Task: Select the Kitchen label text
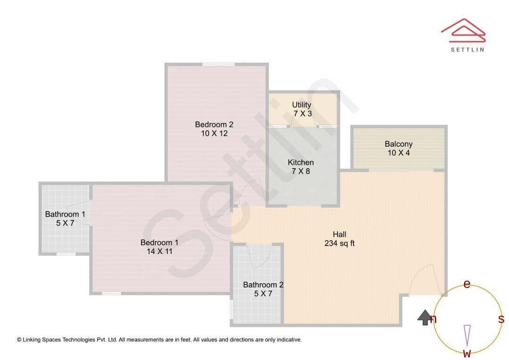point(301,162)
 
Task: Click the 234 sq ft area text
point(339,243)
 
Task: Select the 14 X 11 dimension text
point(159,251)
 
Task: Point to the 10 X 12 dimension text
point(214,133)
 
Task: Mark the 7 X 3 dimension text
point(303,113)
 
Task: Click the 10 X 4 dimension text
point(399,153)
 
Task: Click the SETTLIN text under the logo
point(468,49)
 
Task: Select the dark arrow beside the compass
point(424,318)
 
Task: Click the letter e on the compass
point(467,284)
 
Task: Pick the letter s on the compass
point(501,319)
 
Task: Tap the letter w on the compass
point(467,353)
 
